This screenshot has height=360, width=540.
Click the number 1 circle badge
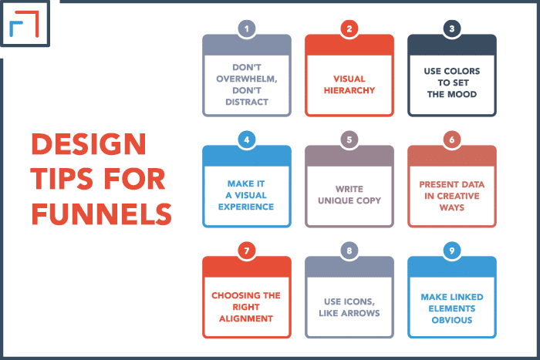coord(247,29)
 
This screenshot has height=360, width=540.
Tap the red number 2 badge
coord(349,29)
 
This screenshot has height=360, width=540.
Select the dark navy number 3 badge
coord(452,29)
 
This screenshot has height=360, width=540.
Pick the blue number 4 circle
coord(247,140)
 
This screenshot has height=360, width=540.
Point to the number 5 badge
coord(349,140)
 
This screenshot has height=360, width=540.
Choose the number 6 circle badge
coord(452,140)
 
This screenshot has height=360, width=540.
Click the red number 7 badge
coord(247,251)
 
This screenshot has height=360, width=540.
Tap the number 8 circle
coord(349,251)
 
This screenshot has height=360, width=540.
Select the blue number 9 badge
coord(452,251)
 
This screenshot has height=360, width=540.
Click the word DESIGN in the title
coord(89,144)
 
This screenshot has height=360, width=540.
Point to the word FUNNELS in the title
coord(102,214)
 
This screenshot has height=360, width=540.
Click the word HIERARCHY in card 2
coord(349,90)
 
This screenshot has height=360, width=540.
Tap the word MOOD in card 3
coord(462,94)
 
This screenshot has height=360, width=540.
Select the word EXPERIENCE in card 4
coord(246,207)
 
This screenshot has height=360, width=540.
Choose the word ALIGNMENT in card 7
coord(246,318)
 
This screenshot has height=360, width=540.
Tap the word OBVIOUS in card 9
coord(452,320)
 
